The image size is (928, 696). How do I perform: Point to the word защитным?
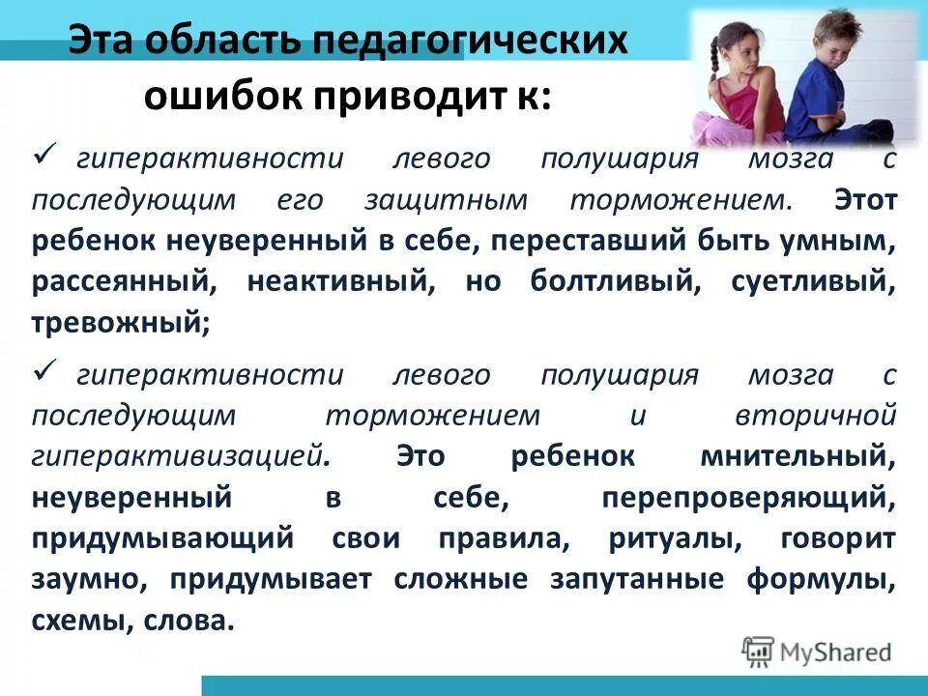point(446,200)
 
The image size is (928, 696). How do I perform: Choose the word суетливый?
point(823,282)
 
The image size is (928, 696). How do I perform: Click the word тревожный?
point(119,323)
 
